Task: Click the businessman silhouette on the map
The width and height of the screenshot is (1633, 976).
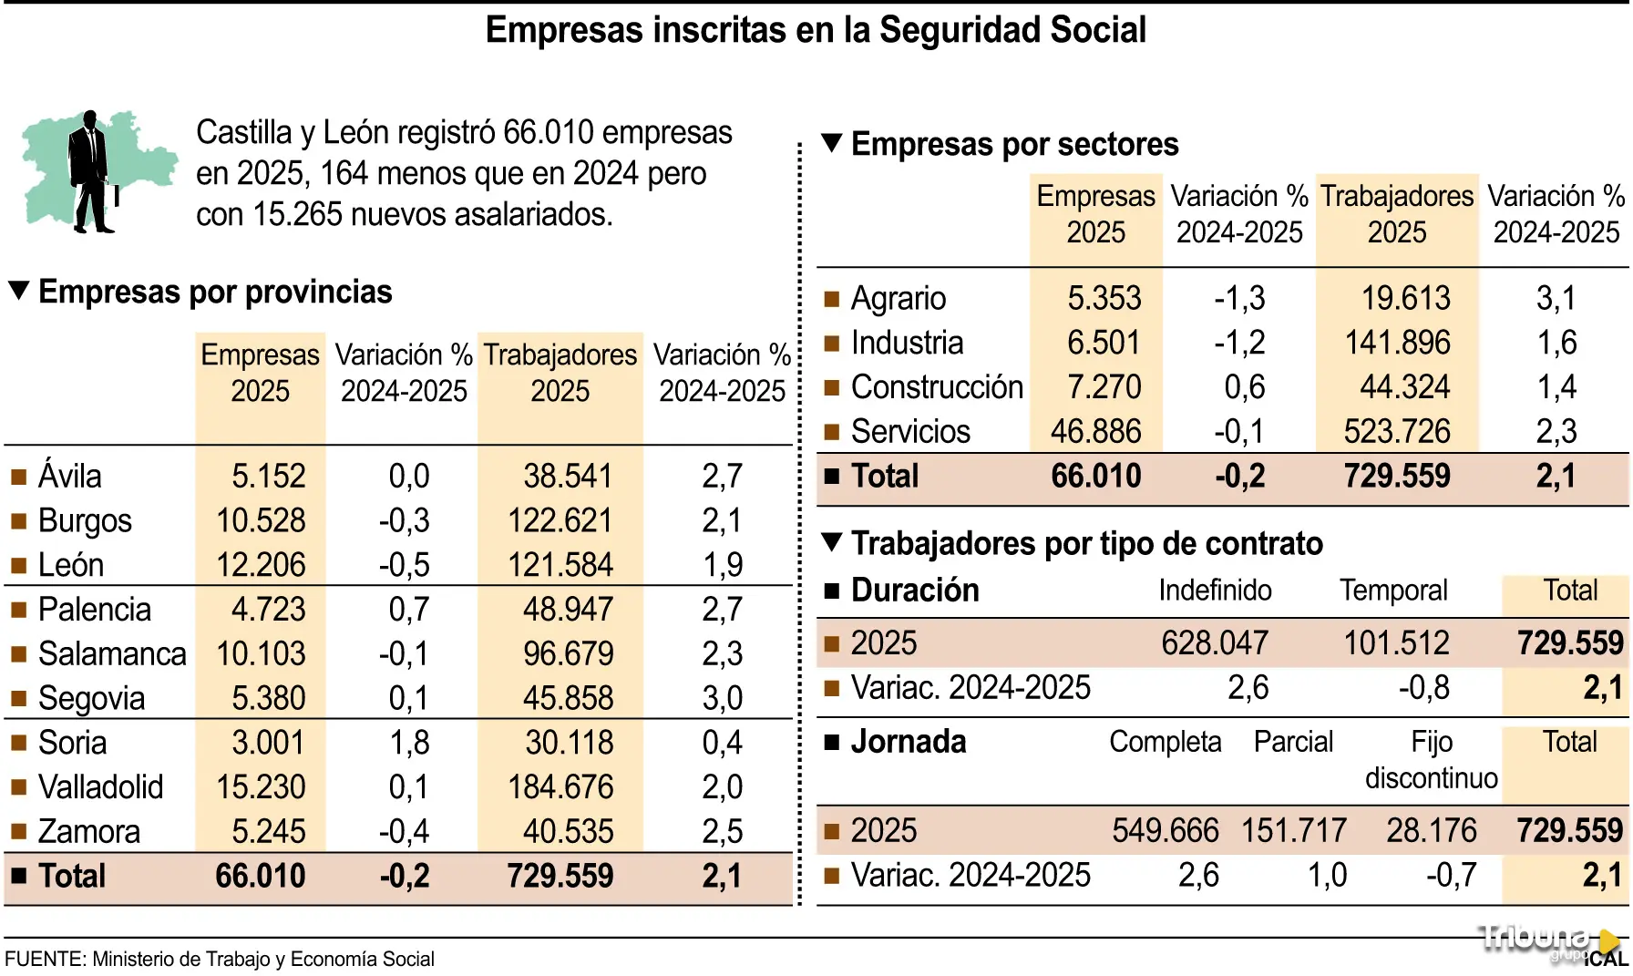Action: pyautogui.click(x=91, y=173)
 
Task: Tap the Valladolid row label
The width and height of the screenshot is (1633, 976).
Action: pyautogui.click(x=100, y=787)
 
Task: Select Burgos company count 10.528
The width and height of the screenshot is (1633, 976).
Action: pyautogui.click(x=261, y=520)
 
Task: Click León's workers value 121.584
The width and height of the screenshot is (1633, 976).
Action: pyautogui.click(x=560, y=565)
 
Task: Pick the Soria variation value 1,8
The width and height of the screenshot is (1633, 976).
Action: pyautogui.click(x=409, y=743)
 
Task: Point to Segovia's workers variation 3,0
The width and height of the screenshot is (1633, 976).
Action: pyautogui.click(x=723, y=698)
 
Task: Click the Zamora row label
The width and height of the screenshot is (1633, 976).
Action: pyautogui.click(x=89, y=832)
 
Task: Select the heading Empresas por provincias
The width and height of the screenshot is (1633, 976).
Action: pyautogui.click(x=215, y=292)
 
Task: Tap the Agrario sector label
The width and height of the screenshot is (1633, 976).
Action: pyautogui.click(x=899, y=298)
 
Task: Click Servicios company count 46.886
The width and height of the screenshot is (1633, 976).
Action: pyautogui.click(x=1096, y=431)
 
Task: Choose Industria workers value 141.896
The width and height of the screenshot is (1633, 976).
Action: pyautogui.click(x=1398, y=343)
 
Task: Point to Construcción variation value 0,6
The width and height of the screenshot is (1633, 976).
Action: pyautogui.click(x=1244, y=387)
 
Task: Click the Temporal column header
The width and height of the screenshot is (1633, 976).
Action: pyautogui.click(x=1393, y=591)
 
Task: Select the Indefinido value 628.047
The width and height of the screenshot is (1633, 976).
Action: pyautogui.click(x=1215, y=643)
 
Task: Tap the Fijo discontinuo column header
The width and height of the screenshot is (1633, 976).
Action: pyautogui.click(x=1432, y=760)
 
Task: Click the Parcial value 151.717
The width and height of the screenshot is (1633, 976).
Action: pyautogui.click(x=1294, y=831)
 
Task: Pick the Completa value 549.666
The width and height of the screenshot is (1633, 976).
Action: pyautogui.click(x=1166, y=831)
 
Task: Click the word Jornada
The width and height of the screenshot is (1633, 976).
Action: pyautogui.click(x=909, y=742)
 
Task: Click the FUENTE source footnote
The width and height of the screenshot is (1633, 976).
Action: pyautogui.click(x=220, y=960)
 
